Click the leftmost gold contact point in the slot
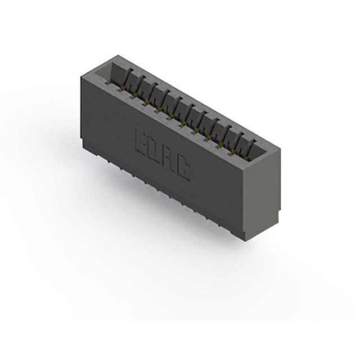click(x=123, y=87)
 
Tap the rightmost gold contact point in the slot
click(x=246, y=158)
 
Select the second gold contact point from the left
click(x=136, y=94)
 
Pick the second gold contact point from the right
click(x=234, y=151)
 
